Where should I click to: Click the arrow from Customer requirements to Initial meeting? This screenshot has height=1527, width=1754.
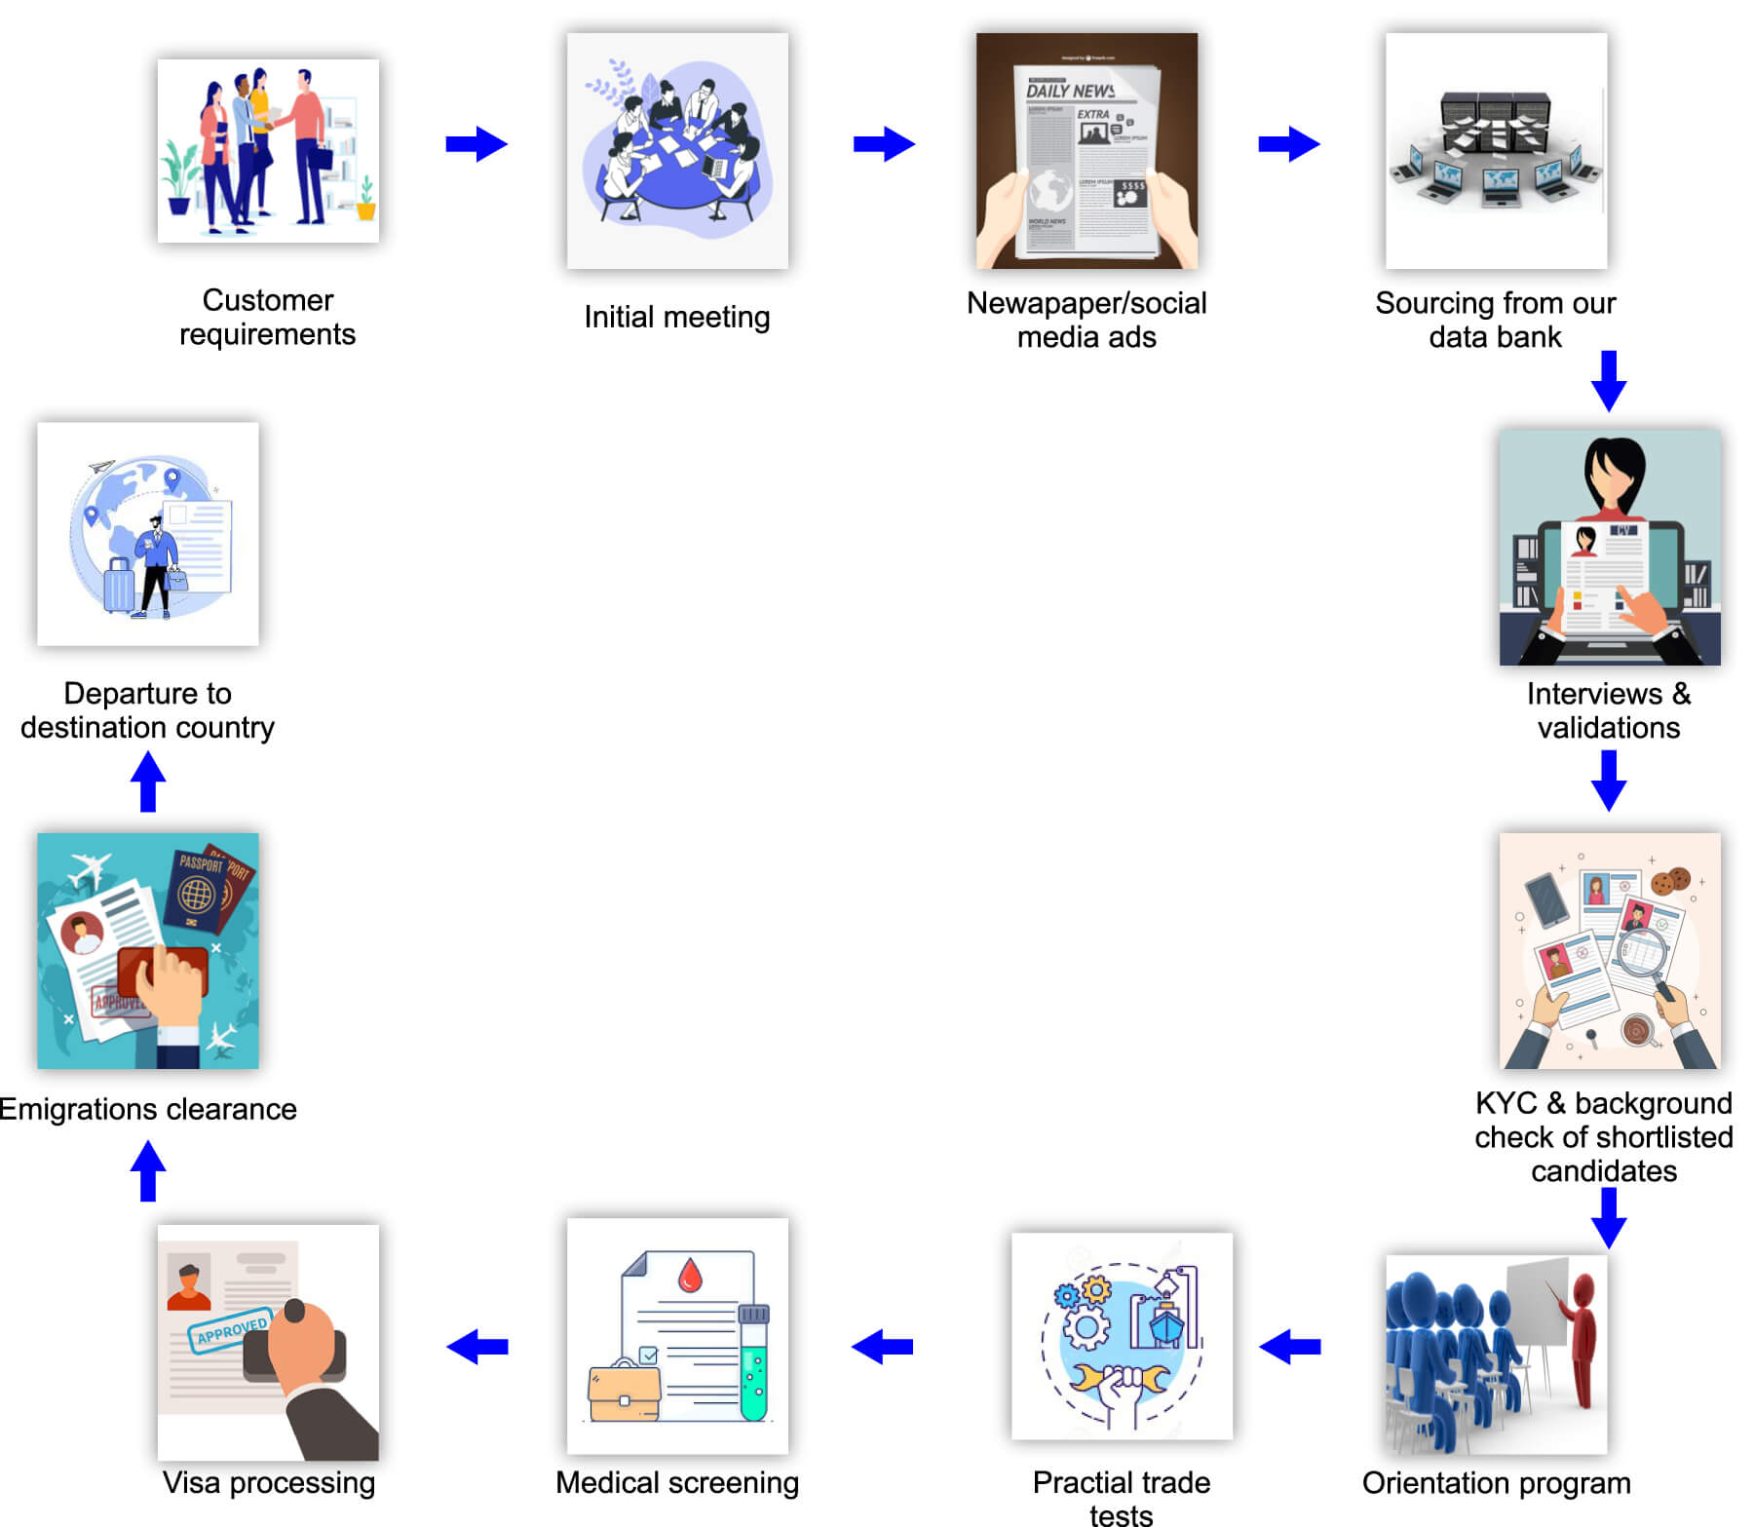(476, 144)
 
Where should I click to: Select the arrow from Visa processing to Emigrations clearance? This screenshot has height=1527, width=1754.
(148, 1170)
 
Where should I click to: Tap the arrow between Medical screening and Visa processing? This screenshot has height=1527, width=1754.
(477, 1347)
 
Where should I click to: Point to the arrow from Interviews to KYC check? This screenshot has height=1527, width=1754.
(1608, 781)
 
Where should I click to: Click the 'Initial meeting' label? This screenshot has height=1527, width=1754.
(676, 317)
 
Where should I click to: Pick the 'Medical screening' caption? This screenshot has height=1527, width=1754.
(676, 1482)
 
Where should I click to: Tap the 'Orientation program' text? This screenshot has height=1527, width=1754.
(1496, 1482)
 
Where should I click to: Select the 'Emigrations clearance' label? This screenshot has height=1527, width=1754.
(148, 1109)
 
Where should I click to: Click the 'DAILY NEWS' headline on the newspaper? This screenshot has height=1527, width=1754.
(1070, 91)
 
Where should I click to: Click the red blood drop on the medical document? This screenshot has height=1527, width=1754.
(690, 1274)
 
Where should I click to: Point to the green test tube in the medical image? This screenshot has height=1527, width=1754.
(753, 1364)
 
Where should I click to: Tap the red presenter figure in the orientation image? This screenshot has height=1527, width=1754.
(1582, 1335)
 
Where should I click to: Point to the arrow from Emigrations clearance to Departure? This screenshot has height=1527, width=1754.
(148, 782)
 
